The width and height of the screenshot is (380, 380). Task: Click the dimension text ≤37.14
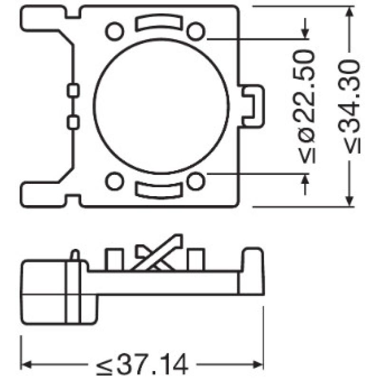[142, 365]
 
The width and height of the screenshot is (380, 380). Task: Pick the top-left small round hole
[114, 31]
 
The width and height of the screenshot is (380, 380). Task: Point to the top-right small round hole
[195, 31]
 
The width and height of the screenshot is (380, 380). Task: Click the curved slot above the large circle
[158, 23]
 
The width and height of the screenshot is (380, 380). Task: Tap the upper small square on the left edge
[73, 90]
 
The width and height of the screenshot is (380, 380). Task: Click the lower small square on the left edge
[73, 122]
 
